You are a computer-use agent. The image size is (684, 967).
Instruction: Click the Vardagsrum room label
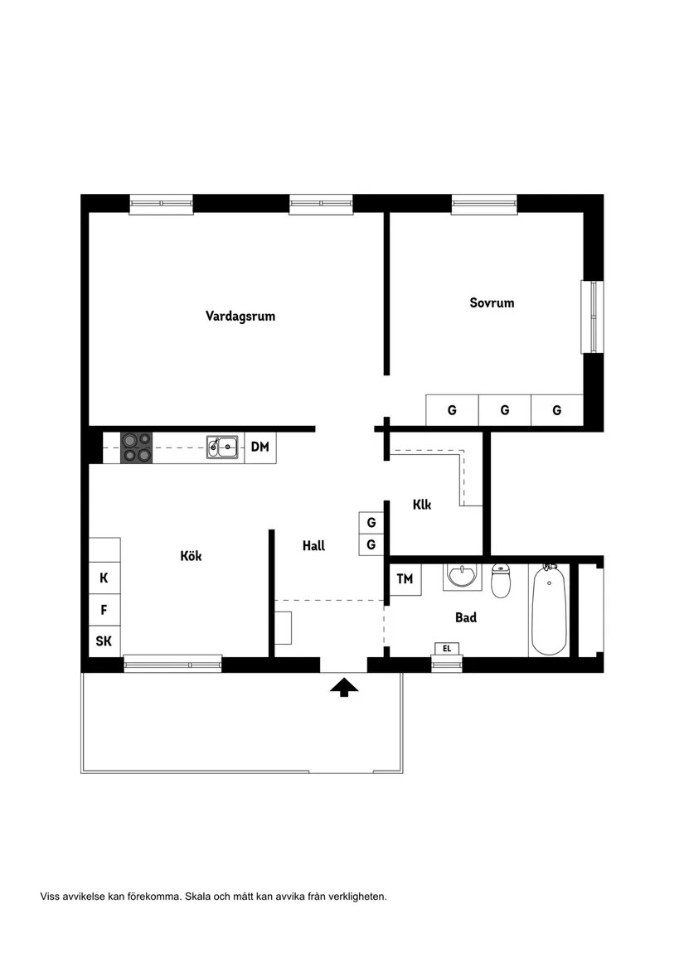click(x=240, y=317)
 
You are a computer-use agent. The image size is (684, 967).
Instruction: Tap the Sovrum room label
click(x=492, y=302)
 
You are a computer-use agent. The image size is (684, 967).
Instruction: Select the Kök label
click(x=191, y=556)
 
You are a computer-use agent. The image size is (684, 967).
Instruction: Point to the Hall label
click(x=313, y=545)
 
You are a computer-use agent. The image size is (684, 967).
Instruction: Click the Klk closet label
click(x=422, y=505)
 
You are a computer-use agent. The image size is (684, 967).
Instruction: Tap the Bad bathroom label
click(x=465, y=617)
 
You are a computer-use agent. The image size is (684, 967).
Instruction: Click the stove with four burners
click(x=137, y=447)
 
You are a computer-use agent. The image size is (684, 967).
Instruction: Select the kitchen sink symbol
click(x=222, y=447)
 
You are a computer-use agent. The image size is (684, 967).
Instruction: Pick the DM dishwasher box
click(x=260, y=447)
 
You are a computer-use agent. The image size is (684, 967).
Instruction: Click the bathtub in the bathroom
click(x=549, y=609)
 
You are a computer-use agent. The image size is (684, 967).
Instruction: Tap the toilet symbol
click(x=501, y=580)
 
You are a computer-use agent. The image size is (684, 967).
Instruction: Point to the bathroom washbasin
click(x=460, y=577)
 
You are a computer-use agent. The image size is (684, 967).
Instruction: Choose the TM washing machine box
click(x=405, y=579)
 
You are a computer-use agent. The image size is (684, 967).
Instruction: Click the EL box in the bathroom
click(x=447, y=649)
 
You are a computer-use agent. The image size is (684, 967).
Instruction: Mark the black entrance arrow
click(x=344, y=688)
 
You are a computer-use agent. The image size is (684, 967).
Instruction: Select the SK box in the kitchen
click(x=104, y=641)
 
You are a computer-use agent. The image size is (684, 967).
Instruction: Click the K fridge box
click(x=104, y=578)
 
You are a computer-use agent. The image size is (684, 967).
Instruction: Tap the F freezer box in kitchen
click(x=104, y=610)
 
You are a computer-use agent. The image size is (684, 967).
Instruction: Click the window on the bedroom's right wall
click(x=592, y=317)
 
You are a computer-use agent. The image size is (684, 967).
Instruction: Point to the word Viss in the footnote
click(x=50, y=897)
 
